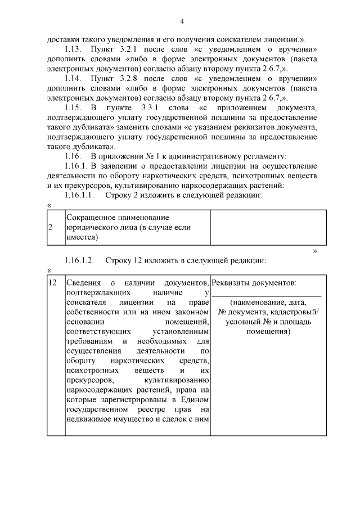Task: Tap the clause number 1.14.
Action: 73,79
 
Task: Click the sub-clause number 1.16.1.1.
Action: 80,196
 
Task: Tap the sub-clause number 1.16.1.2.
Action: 80,261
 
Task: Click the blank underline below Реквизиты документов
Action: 267,295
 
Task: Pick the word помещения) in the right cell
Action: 268,332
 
